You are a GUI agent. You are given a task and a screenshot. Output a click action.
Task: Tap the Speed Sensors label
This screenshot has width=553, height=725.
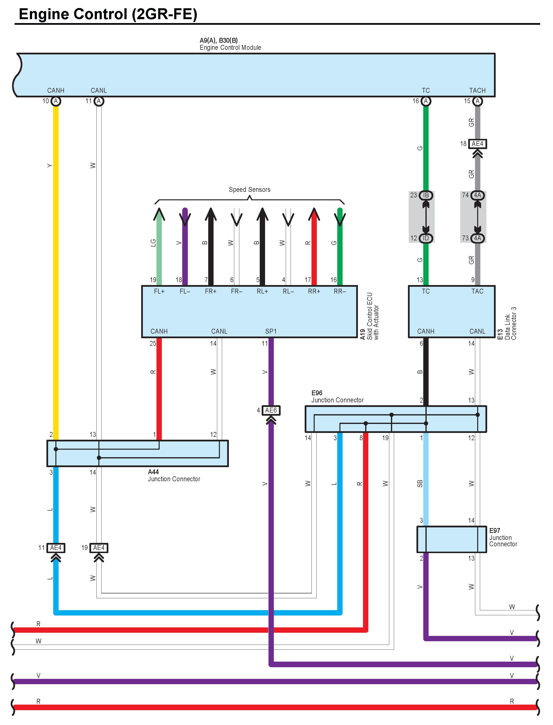click(249, 189)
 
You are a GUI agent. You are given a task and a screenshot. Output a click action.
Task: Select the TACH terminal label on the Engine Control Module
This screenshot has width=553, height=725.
click(477, 91)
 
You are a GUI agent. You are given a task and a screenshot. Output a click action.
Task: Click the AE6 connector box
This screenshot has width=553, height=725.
click(271, 410)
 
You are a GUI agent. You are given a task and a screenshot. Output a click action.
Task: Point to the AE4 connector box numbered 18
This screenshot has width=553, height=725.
click(477, 144)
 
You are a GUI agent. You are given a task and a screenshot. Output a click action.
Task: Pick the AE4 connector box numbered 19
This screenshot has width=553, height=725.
click(99, 548)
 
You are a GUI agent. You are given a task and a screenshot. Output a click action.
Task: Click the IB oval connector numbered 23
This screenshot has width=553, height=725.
click(426, 195)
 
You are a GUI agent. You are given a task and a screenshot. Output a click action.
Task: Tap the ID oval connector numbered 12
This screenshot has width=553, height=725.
click(426, 238)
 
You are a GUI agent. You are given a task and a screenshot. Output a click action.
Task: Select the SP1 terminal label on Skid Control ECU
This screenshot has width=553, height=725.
click(271, 331)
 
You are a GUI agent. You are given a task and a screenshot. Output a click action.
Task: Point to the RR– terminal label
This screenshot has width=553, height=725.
click(340, 291)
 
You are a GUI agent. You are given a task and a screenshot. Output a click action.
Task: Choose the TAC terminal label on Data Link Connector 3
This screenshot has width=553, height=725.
click(477, 291)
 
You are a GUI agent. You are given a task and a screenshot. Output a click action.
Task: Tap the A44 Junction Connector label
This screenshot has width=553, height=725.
click(173, 475)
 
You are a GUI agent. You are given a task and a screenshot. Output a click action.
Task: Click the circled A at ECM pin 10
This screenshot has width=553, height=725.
click(56, 101)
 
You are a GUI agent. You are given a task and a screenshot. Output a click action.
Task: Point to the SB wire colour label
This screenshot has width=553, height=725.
click(420, 484)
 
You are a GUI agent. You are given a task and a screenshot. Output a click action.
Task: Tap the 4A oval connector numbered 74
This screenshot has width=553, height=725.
click(477, 195)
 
